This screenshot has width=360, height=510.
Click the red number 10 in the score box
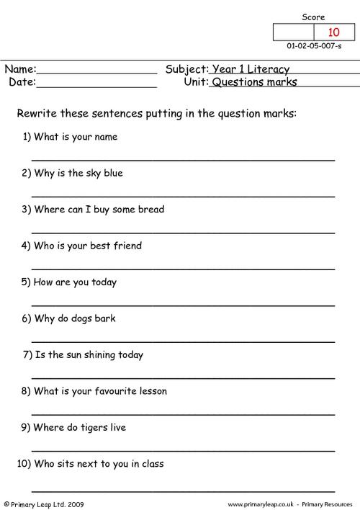(333, 32)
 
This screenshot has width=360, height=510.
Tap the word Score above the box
(313, 17)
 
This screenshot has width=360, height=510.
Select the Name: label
(20, 69)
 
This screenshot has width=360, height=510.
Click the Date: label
(22, 82)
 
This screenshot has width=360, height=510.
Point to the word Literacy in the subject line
(266, 70)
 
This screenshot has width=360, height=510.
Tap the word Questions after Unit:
(235, 82)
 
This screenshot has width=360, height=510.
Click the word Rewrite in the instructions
(36, 113)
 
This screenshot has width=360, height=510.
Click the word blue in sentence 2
(112, 173)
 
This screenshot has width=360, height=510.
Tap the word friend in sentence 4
(126, 246)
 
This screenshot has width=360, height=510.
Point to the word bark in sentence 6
(104, 318)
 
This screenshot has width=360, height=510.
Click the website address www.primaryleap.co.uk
(266, 504)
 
